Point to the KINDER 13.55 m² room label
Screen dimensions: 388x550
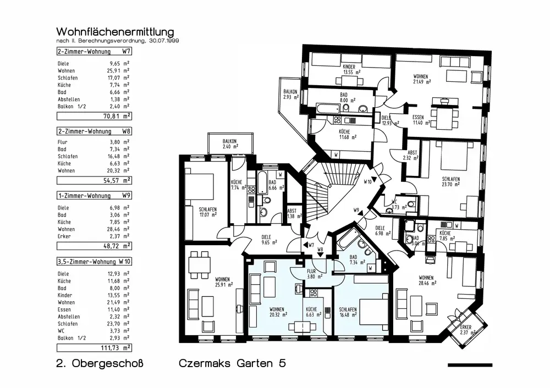pyautogui.click(x=351, y=69)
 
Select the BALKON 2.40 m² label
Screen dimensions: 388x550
pyautogui.click(x=229, y=144)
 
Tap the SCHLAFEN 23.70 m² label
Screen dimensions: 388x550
pyautogui.click(x=450, y=182)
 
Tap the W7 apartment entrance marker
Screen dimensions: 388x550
pyautogui.click(x=309, y=245)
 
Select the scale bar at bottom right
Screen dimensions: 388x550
pyautogui.click(x=470, y=364)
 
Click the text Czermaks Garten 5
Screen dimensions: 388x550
pyautogui.click(x=232, y=363)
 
